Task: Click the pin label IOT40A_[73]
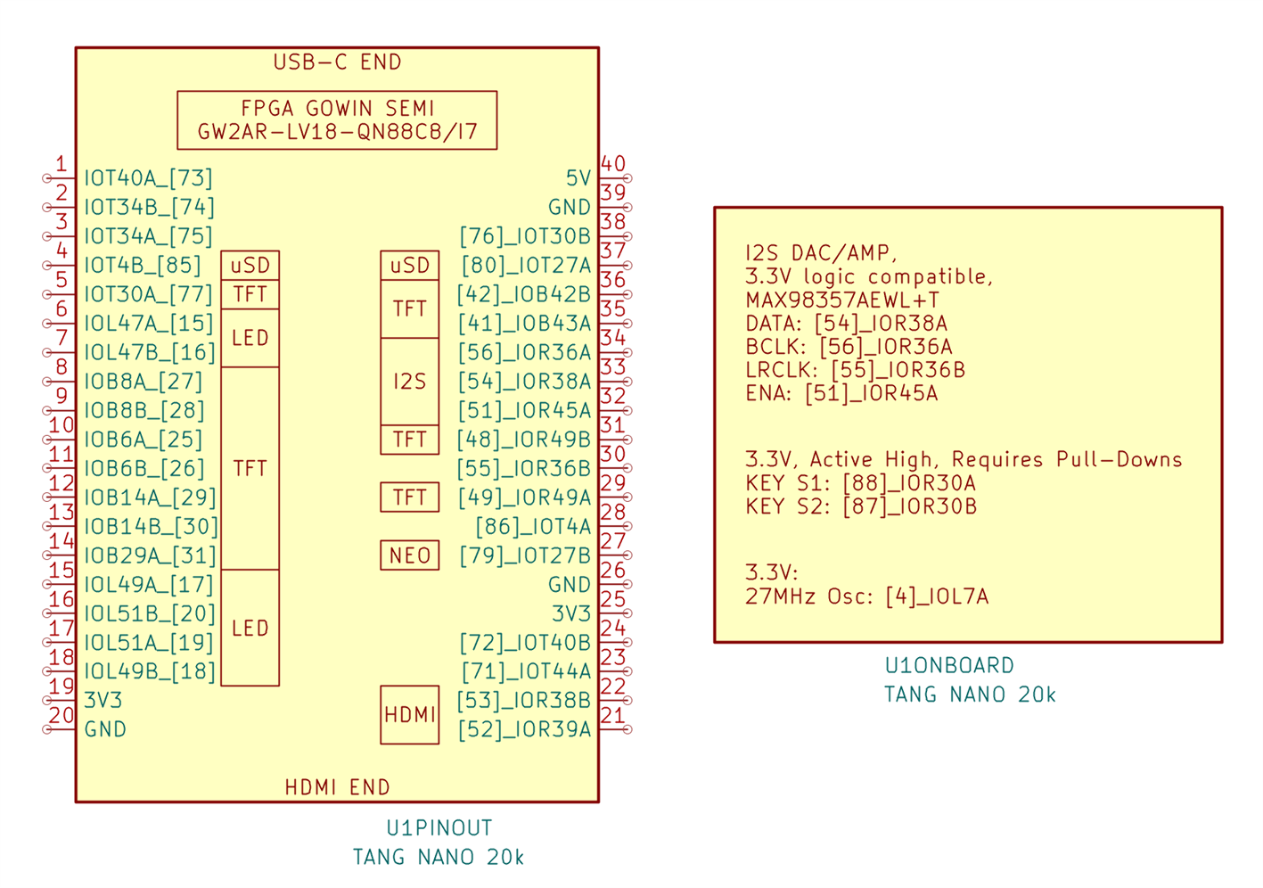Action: click(148, 178)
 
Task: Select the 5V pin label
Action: click(578, 178)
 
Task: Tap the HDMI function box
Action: click(410, 715)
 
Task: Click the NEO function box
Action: click(410, 555)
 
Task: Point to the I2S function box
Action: click(410, 382)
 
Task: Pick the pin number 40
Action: click(613, 164)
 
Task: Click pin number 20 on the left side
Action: click(61, 715)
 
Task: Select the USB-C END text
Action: click(337, 62)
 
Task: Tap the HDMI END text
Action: click(337, 787)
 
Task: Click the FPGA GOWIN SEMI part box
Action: click(337, 120)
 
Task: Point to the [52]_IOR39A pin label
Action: click(525, 729)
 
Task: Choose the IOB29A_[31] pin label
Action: click(150, 555)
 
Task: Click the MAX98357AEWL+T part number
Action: click(842, 300)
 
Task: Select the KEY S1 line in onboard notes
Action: click(860, 483)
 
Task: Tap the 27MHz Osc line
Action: click(866, 596)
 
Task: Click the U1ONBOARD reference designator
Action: click(949, 666)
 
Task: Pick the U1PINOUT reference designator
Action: click(439, 828)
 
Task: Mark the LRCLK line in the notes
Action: click(856, 369)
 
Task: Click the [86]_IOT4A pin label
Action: click(533, 526)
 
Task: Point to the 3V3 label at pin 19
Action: click(103, 700)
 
